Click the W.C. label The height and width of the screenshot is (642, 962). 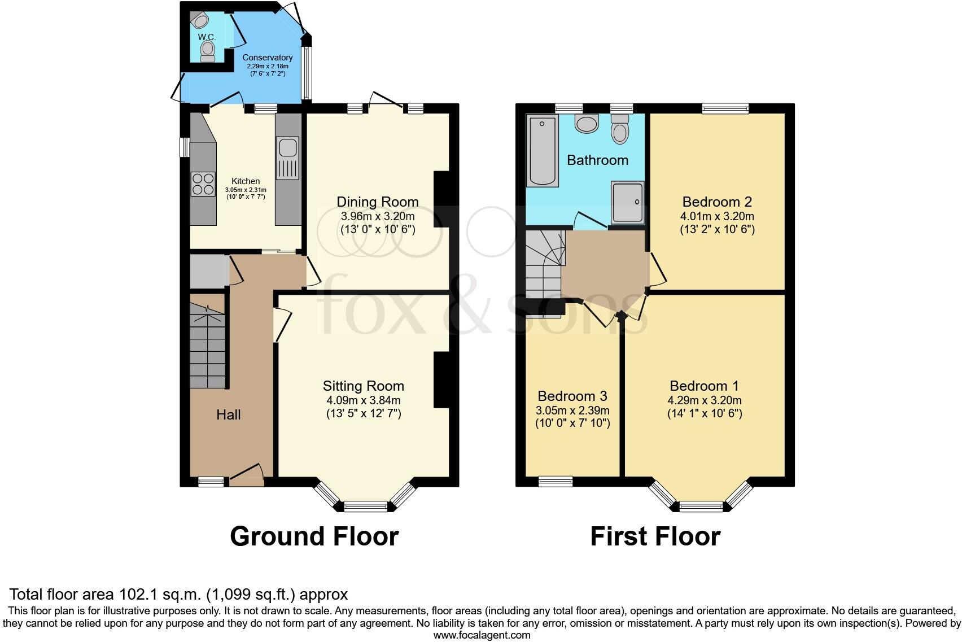pos(207,37)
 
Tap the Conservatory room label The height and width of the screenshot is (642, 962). pos(267,58)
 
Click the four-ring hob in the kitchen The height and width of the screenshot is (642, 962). pos(203,184)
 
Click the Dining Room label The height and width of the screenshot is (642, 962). pos(377,202)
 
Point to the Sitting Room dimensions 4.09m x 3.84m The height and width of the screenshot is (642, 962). pos(363,400)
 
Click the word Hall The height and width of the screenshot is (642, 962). pos(228,415)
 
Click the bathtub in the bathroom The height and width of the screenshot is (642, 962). pos(542,151)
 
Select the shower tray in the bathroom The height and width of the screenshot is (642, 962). pos(627,202)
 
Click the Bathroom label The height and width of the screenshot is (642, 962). pos(597,160)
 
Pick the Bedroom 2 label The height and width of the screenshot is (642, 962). pos(717,202)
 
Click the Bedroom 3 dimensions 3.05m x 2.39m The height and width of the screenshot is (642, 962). pos(572,410)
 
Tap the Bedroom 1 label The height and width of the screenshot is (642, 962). pos(704,386)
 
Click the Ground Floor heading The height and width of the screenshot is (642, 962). pos(314,536)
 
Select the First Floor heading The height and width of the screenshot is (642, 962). pos(655,536)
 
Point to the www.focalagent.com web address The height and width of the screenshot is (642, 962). pos(482,635)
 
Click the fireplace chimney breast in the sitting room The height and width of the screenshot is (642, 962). pos(441,380)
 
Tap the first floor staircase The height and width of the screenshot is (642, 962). pos(543,265)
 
